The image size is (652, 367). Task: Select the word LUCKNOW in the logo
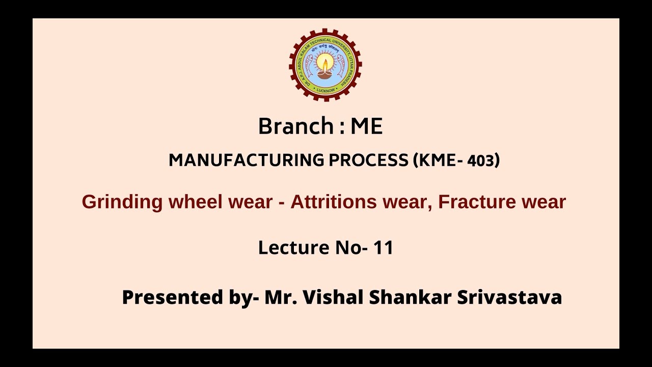pyautogui.click(x=325, y=90)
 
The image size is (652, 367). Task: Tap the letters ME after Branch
pyautogui.click(x=366, y=126)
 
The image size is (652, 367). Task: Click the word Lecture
pyautogui.click(x=293, y=248)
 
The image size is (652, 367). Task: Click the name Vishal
pyautogui.click(x=333, y=297)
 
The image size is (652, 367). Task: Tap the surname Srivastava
pyautogui.click(x=509, y=297)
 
